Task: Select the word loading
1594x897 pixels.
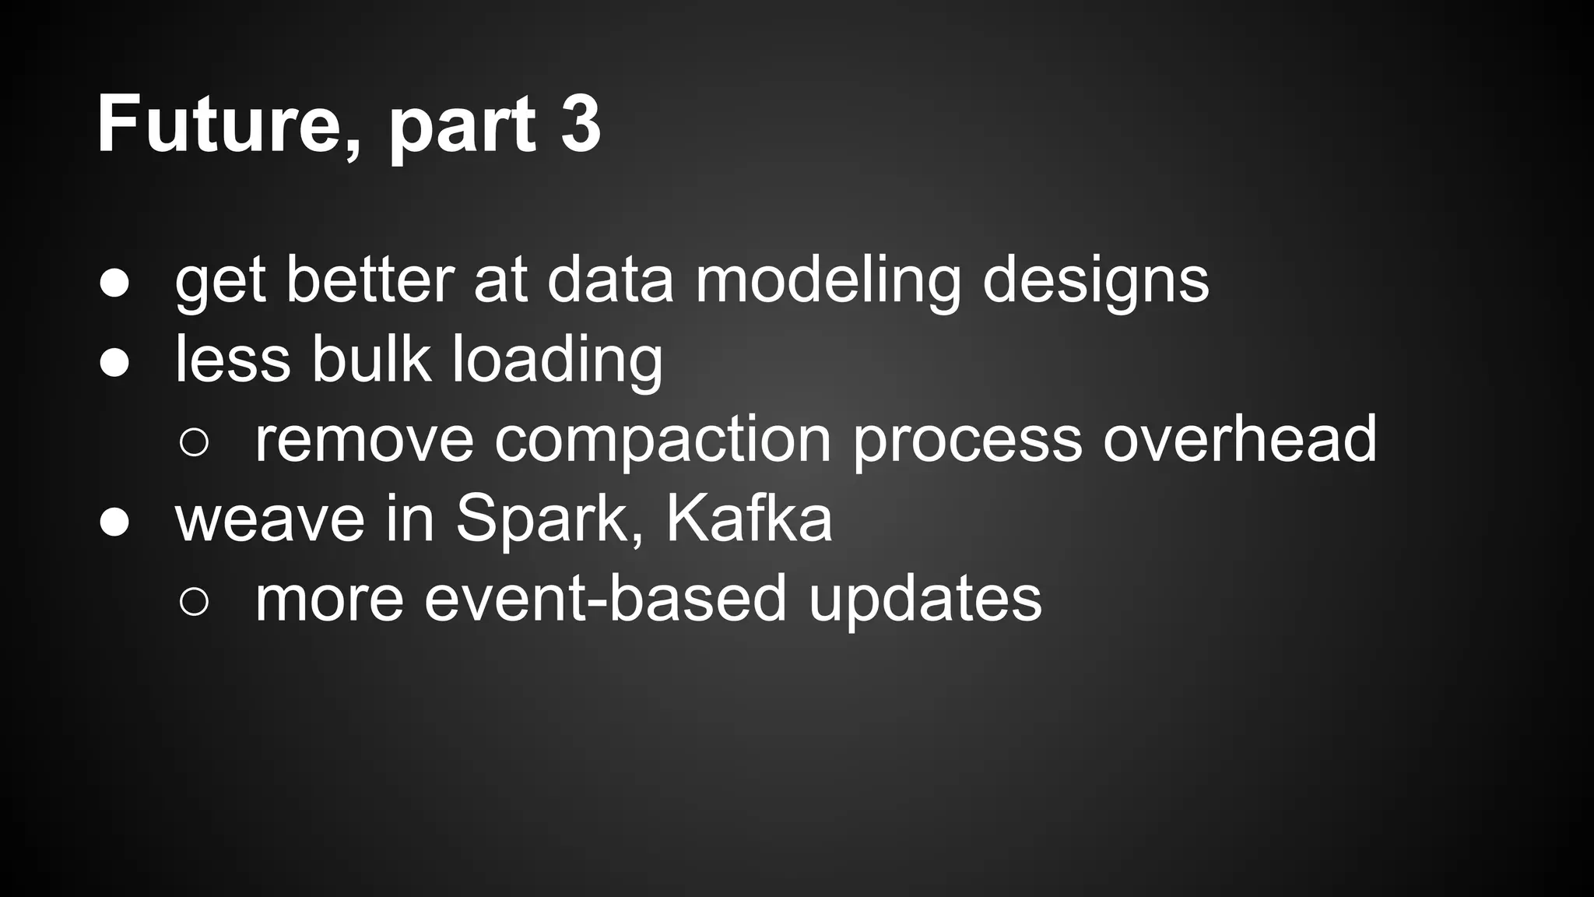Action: [x=556, y=361]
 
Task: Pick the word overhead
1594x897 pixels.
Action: [x=1239, y=439]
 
